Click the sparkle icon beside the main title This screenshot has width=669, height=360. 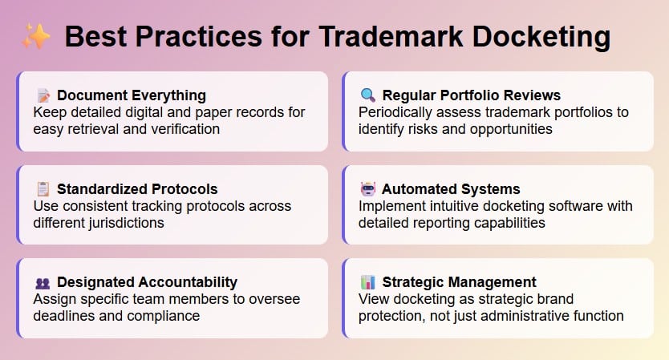[36, 36]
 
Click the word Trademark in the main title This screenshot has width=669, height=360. [391, 36]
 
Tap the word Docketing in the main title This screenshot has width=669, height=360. [541, 38]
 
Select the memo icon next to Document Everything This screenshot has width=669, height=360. [43, 95]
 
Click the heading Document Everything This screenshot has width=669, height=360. [132, 95]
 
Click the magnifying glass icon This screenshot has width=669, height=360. [367, 95]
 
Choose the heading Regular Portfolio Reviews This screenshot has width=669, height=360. [472, 95]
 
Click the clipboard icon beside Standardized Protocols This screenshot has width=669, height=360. [43, 189]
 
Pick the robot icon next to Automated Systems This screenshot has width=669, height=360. [367, 189]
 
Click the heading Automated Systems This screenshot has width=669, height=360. [451, 189]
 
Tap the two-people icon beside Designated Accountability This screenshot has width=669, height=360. [43, 283]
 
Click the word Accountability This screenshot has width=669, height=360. [188, 282]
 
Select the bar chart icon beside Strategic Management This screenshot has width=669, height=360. [367, 282]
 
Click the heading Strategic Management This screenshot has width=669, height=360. [459, 282]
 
